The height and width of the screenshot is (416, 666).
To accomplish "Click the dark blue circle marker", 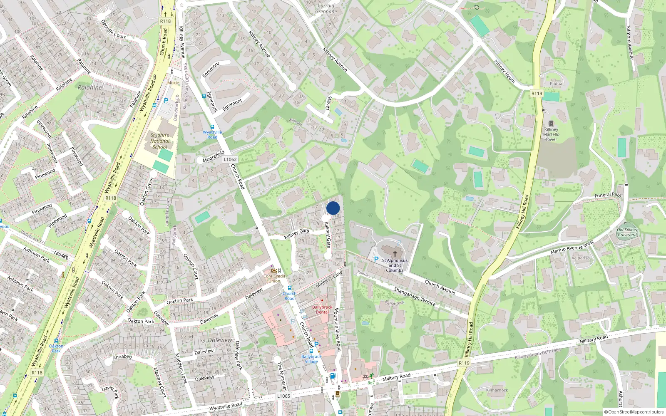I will [x=333, y=208].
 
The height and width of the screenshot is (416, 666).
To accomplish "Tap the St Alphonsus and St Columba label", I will [x=395, y=265].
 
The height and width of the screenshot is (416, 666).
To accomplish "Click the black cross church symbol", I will [x=395, y=253].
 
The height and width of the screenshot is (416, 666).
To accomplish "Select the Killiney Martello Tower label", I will [x=551, y=134].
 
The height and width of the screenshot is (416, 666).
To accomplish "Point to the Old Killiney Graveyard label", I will [x=627, y=232].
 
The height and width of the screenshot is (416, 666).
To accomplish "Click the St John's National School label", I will [x=160, y=141].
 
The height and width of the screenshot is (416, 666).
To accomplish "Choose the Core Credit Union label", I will [x=274, y=278].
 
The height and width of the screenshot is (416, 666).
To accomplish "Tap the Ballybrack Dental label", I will [x=322, y=310].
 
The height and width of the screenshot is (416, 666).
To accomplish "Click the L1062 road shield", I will [x=230, y=159].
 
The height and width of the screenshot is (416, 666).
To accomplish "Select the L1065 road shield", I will [x=283, y=396].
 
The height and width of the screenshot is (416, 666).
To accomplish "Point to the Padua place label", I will [x=556, y=84].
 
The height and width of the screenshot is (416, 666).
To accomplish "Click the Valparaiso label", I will [x=580, y=258].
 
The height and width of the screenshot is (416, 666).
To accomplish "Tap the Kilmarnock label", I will [x=497, y=390].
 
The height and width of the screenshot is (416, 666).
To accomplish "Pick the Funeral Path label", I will [x=608, y=195].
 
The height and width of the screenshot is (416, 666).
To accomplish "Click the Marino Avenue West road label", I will [x=572, y=248].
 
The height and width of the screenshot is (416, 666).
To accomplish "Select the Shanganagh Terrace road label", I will [x=415, y=296].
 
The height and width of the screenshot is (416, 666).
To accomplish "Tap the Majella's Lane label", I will [x=329, y=279].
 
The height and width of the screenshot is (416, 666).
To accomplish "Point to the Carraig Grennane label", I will [x=326, y=9].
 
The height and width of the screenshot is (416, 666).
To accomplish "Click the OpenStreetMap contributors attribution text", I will [x=634, y=412].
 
